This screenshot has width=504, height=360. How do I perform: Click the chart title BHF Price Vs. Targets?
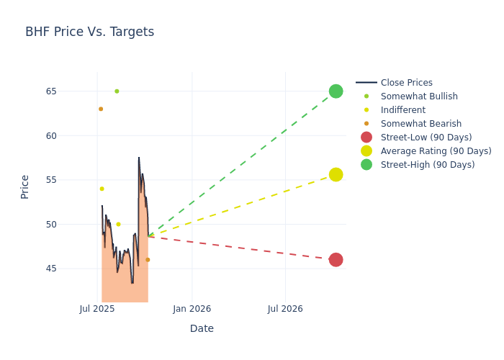[89, 32]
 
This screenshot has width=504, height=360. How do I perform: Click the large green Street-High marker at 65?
[336, 91]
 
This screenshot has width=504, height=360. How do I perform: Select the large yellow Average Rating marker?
[336, 174]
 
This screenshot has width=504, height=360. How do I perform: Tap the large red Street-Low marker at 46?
[336, 259]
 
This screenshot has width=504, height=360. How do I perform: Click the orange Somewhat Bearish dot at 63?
[101, 109]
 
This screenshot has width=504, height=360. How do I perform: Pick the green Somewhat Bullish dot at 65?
[117, 91]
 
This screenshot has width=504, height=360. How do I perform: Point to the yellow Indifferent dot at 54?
[102, 189]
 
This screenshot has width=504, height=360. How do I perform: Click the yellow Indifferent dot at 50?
[119, 224]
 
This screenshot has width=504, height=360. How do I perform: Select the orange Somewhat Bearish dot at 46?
[148, 259]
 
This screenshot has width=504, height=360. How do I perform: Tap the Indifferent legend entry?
[402, 110]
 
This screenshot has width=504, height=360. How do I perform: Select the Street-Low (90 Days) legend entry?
[426, 138]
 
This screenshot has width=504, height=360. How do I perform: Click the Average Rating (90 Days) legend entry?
[436, 151]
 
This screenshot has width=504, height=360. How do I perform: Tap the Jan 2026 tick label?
[192, 309]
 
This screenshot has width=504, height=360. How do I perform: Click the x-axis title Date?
[202, 328]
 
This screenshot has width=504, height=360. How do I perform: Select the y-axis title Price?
[25, 186]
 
